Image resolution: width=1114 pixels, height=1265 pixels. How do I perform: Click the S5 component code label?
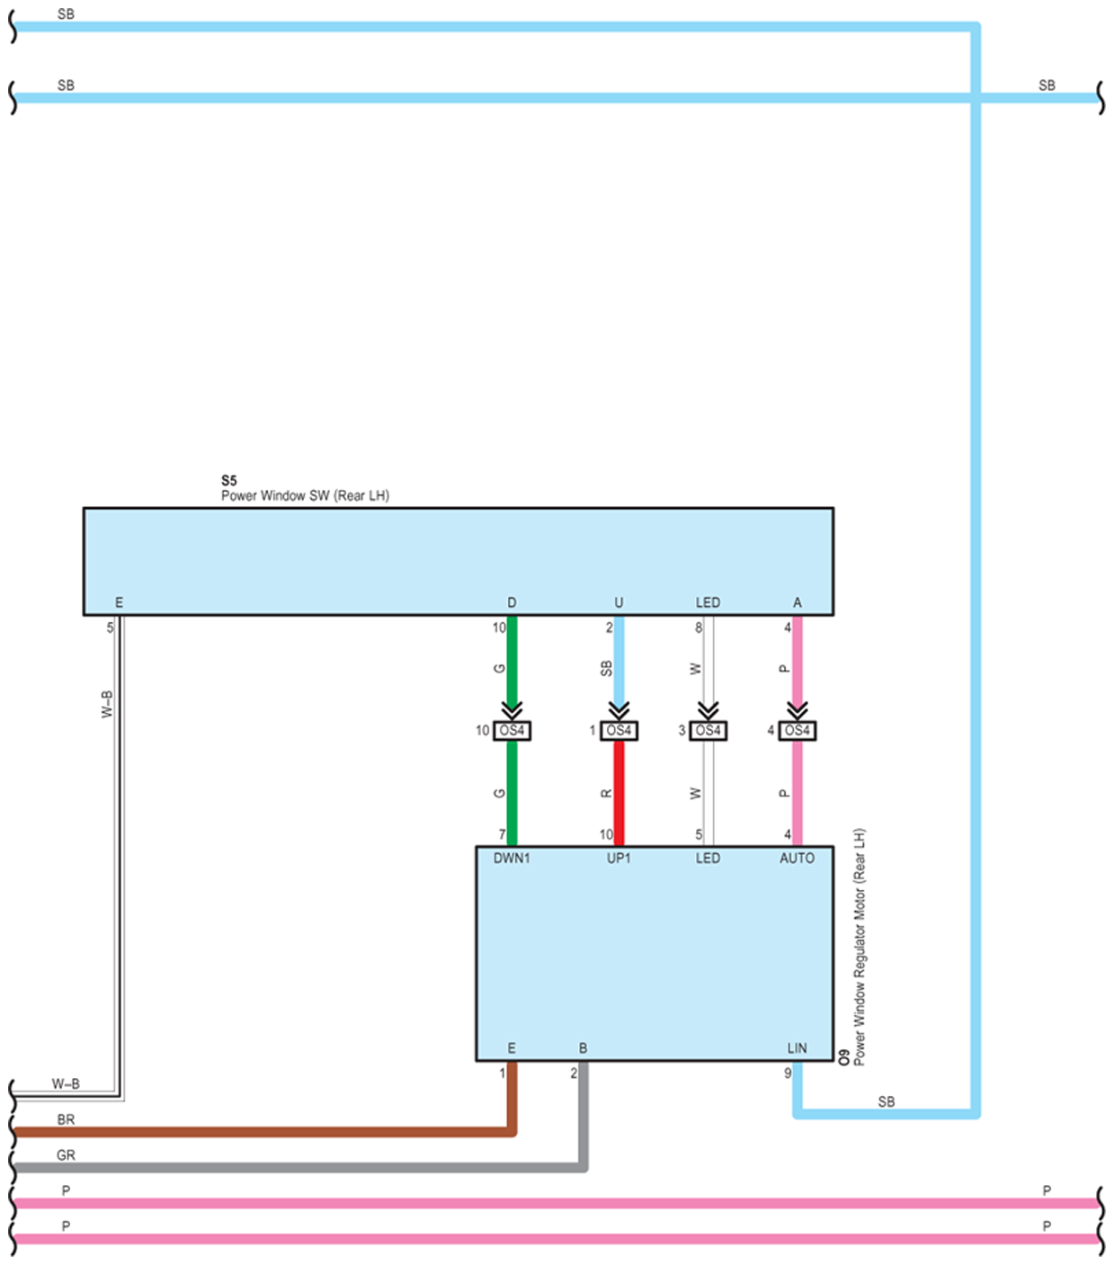(x=229, y=480)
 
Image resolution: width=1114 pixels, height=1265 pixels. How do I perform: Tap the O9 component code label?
(x=843, y=1057)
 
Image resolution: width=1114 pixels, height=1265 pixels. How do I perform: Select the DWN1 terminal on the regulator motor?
(x=512, y=858)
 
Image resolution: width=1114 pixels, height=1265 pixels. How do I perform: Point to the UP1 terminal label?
(x=619, y=858)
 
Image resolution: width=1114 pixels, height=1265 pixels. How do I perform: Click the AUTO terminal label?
(x=797, y=858)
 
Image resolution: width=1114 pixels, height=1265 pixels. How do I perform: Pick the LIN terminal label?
(x=797, y=1047)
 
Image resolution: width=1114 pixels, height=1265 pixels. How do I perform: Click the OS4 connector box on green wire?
(x=512, y=731)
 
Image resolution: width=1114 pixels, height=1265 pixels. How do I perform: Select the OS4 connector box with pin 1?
(x=619, y=731)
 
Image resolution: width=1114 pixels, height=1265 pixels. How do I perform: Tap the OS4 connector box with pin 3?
(x=709, y=731)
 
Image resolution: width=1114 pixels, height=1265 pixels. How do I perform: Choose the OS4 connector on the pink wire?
(x=798, y=731)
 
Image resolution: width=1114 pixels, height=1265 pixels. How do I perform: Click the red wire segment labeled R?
(x=619, y=794)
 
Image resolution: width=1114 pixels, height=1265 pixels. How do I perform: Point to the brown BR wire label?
(x=66, y=1119)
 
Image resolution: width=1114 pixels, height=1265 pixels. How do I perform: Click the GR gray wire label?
(x=66, y=1155)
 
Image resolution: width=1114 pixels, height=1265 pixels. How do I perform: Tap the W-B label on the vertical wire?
(x=107, y=704)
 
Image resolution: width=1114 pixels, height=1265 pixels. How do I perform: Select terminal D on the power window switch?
(x=512, y=602)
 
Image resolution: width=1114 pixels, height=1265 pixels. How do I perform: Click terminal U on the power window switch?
(x=619, y=602)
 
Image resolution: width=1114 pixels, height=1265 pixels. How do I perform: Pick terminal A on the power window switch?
(x=797, y=602)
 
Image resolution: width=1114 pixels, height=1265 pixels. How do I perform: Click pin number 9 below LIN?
(x=788, y=1073)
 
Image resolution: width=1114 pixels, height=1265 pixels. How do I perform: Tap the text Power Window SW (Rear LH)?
(x=306, y=495)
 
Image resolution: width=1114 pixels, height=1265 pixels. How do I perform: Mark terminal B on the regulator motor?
(x=583, y=1047)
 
